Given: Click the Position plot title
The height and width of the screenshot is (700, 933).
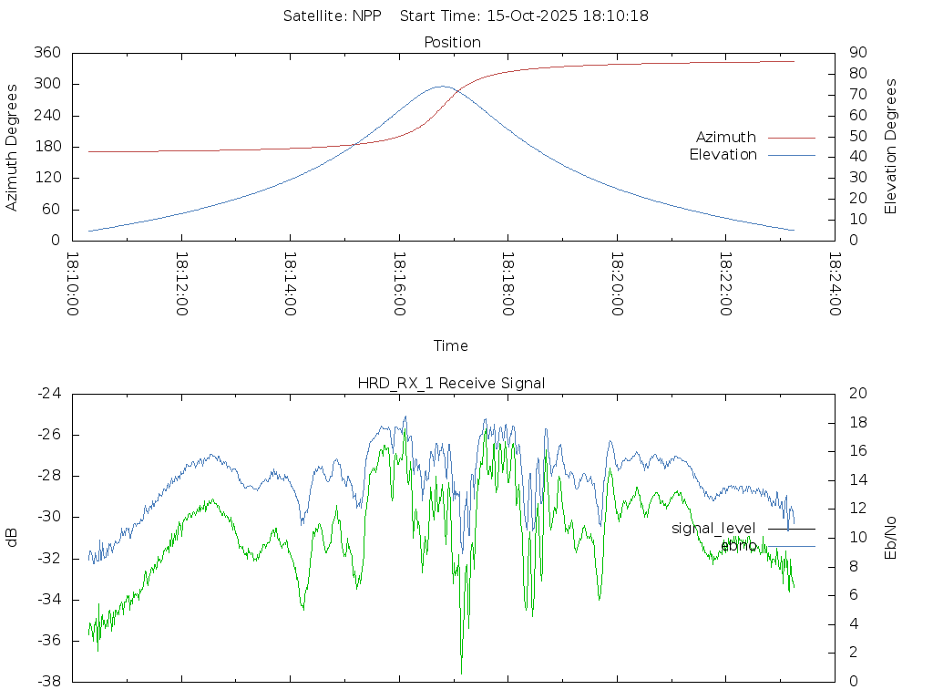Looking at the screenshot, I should pos(453,42).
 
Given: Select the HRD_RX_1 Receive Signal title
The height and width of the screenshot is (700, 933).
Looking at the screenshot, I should pos(451,383).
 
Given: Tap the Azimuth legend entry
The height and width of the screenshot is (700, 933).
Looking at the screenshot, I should pos(726,137).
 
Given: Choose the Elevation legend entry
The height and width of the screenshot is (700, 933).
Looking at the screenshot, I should pos(723,155).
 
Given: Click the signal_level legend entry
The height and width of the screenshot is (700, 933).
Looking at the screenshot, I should pos(713,529).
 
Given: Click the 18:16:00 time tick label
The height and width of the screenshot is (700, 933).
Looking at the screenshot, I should pos(399,284).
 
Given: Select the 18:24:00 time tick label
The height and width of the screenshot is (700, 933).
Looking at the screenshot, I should pos(835,284).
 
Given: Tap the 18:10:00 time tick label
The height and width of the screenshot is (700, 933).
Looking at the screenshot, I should pos(73,284).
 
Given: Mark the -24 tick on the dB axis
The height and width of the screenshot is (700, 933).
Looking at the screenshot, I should pos(49,394).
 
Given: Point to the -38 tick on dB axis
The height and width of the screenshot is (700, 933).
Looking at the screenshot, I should pos(49,682).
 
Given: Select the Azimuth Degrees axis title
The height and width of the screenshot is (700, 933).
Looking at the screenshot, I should pos(13,147).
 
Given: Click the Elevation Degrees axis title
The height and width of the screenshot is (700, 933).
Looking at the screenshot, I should pos(891,146).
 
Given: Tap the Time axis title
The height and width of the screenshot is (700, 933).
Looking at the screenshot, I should pos(451,345).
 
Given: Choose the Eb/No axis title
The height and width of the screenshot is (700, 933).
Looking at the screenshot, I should pos(891,538).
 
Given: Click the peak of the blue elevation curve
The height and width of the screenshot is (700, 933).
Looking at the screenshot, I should pos(443,87).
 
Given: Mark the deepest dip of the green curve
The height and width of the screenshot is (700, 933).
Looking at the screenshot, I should pos(461,674).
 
